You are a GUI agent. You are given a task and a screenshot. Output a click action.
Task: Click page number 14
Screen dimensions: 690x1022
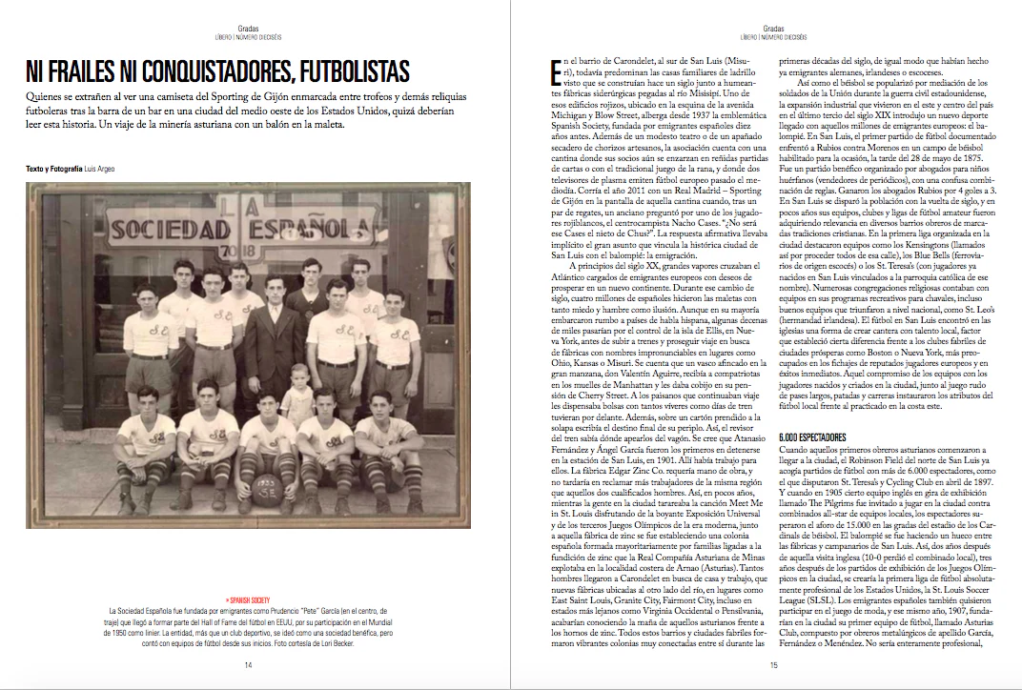click(x=249, y=664)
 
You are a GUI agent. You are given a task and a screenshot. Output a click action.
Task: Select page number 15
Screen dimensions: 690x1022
click(x=774, y=664)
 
